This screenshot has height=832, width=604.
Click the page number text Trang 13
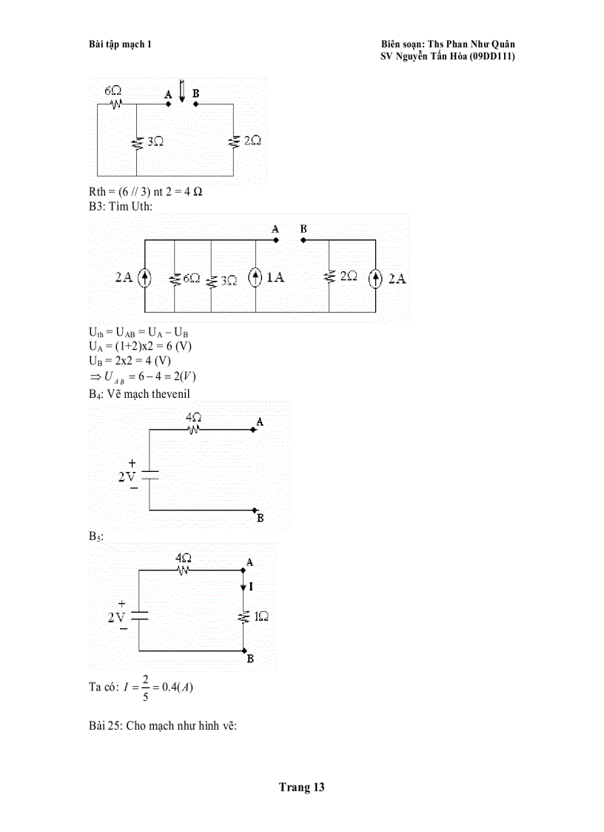tap(301, 788)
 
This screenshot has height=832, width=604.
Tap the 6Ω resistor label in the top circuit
tap(113, 90)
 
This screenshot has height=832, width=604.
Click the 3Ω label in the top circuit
tap(155, 141)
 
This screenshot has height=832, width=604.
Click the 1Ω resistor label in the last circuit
tap(261, 616)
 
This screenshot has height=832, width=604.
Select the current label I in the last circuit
tap(252, 586)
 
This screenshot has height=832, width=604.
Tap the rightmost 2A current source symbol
tap(376, 278)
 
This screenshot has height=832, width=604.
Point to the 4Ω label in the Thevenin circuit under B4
tap(194, 417)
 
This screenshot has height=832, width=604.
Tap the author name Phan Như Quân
tap(482, 44)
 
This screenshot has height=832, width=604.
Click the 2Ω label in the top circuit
tap(252, 140)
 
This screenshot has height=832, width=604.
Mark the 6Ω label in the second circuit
tap(192, 279)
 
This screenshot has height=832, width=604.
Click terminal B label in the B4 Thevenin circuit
tap(261, 519)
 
